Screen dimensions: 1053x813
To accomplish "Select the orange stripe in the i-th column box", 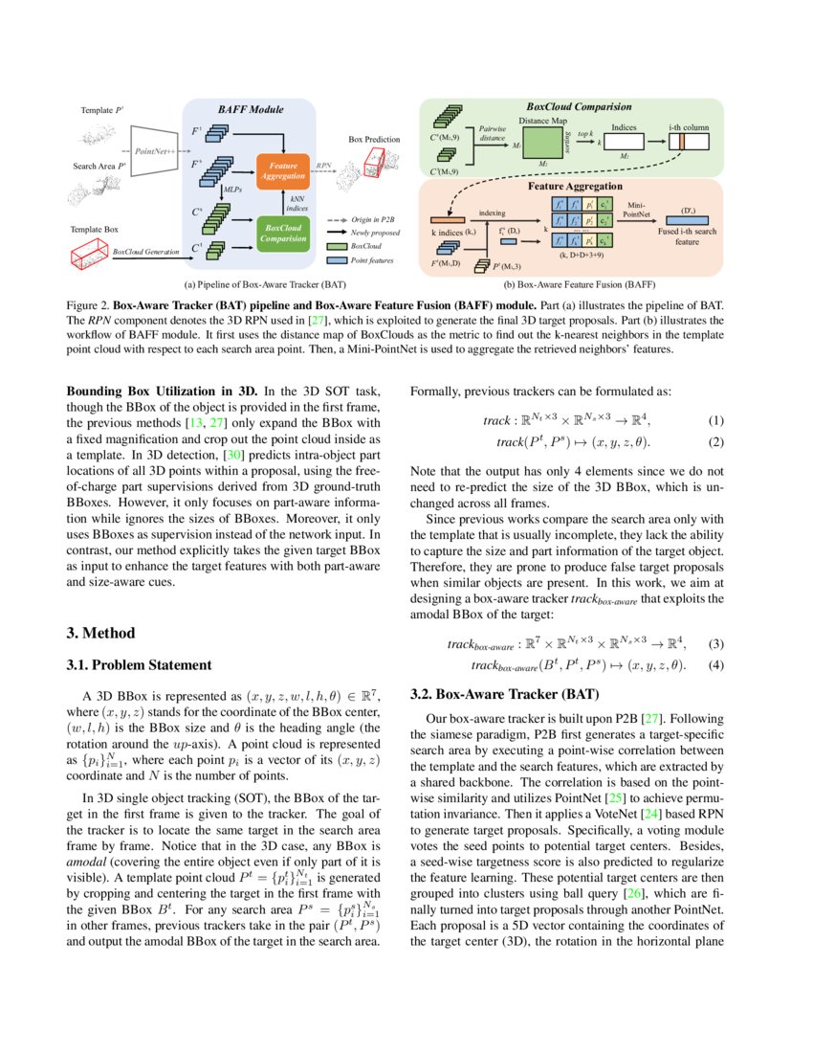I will (686, 143).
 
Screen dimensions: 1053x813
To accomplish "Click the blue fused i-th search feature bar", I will (688, 220).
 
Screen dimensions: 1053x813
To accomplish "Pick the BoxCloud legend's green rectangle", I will (336, 246).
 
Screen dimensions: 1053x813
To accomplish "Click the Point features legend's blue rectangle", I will (336, 259).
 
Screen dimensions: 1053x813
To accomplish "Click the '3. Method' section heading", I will (106, 633).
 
